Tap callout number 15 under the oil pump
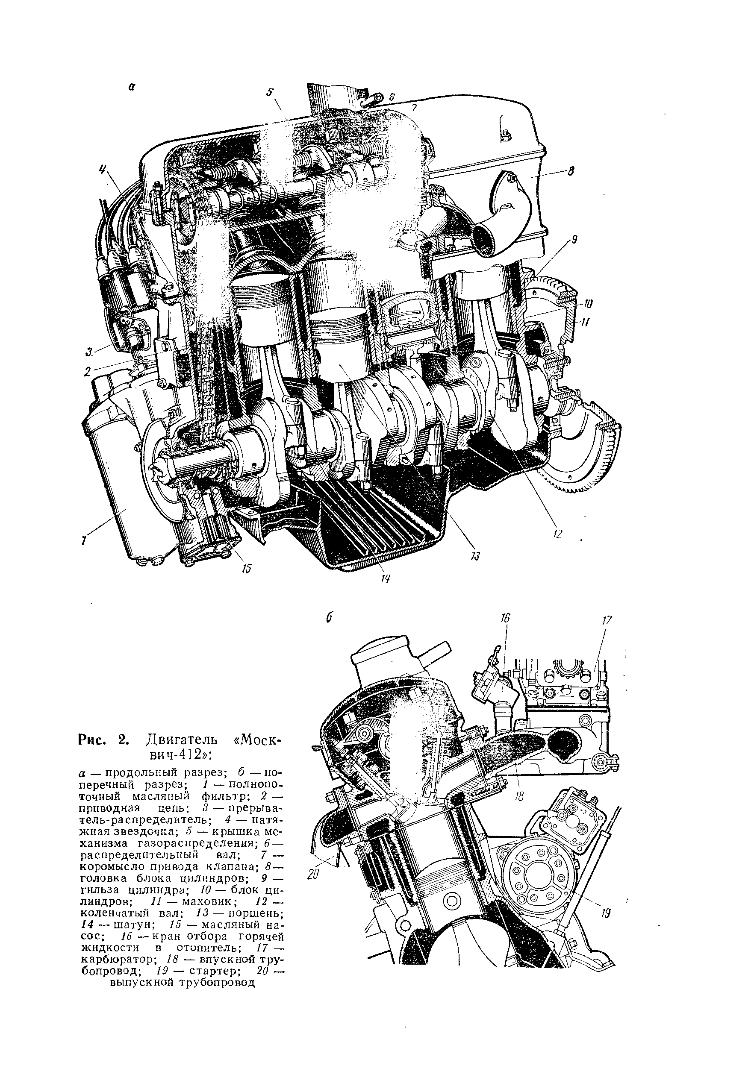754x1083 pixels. tap(246, 569)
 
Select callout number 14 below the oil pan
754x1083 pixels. tap(385, 579)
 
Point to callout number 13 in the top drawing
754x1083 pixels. tap(475, 557)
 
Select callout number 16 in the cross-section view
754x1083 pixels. tap(506, 618)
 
